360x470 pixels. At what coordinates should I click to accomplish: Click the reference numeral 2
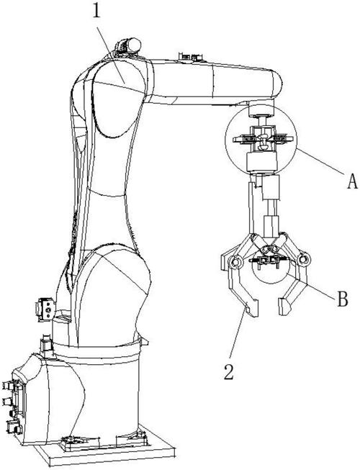[x=229, y=371]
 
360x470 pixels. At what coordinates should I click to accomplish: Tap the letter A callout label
[x=353, y=181]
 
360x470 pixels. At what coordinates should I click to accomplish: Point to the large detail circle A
[x=225, y=140]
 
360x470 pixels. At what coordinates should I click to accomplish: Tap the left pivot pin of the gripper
[x=235, y=262]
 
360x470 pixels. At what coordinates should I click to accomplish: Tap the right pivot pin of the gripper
[x=305, y=258]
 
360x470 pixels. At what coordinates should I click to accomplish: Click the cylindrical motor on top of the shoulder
[x=128, y=46]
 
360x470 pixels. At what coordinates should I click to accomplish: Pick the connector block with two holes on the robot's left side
[x=45, y=309]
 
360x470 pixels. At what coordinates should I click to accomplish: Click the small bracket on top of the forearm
[x=190, y=58]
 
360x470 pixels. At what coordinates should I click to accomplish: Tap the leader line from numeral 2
[x=238, y=332]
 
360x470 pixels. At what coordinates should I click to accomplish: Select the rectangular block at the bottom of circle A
[x=261, y=161]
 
